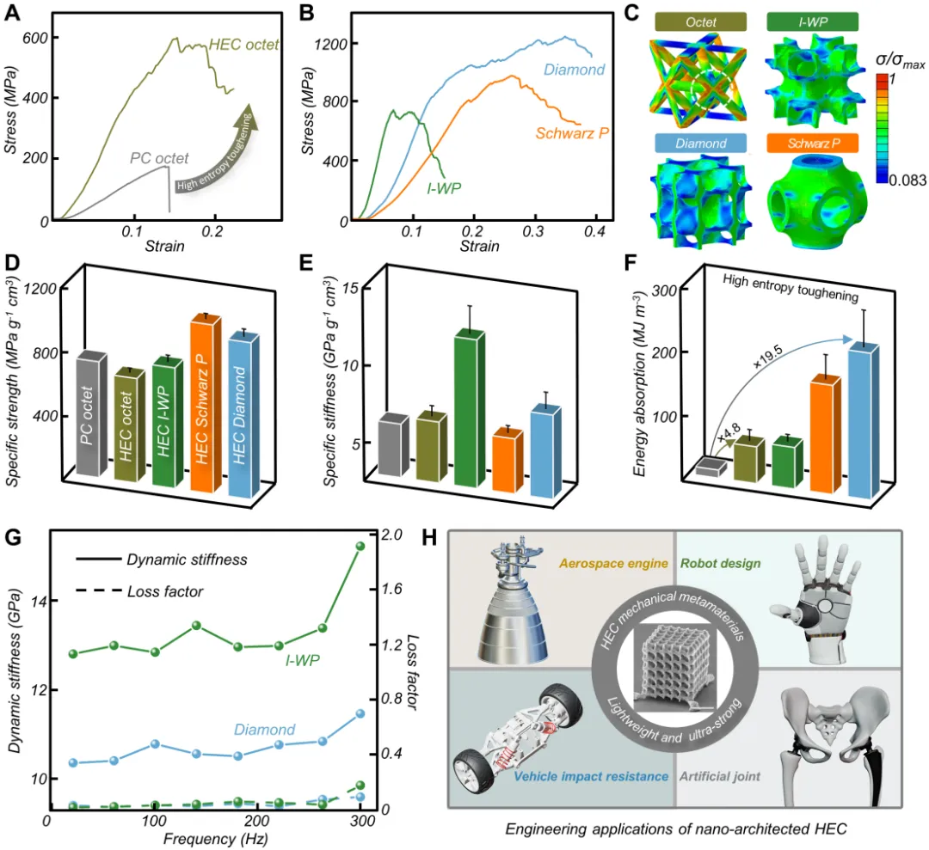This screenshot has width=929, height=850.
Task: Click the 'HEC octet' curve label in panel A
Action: click(x=244, y=44)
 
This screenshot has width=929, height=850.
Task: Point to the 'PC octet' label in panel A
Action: click(x=159, y=157)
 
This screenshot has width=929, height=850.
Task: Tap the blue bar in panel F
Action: click(x=864, y=421)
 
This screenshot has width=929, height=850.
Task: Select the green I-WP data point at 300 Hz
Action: click(x=360, y=546)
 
